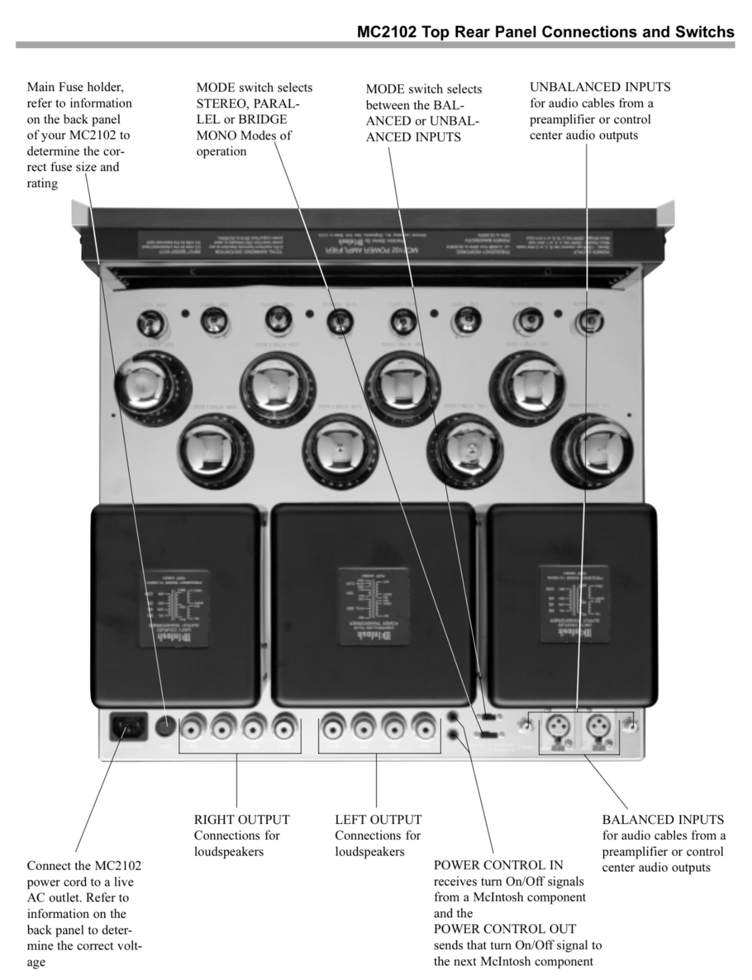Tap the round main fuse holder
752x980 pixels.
[166, 728]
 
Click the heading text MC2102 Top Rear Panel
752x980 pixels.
[545, 32]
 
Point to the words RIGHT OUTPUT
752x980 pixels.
[241, 819]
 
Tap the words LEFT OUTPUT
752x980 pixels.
[378, 819]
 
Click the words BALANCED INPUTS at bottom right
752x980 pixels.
[663, 819]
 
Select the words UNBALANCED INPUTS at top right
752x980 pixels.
[600, 87]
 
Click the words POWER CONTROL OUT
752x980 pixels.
[505, 929]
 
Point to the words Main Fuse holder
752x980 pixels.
[75, 87]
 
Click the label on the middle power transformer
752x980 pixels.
[374, 608]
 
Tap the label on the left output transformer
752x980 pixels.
[174, 608]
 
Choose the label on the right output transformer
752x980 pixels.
[573, 605]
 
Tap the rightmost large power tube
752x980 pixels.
[592, 450]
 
